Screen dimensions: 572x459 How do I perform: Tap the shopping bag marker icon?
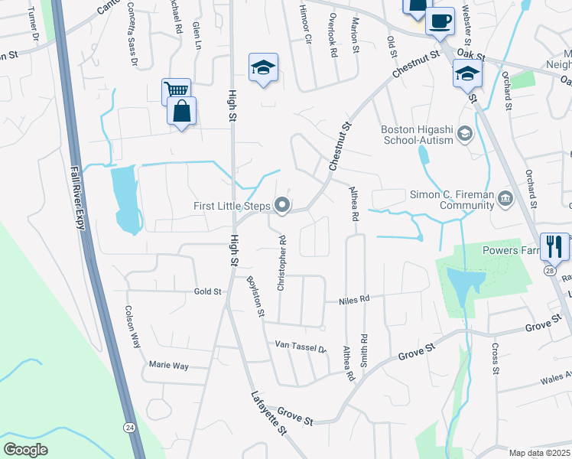pyautogui.click(x=182, y=112)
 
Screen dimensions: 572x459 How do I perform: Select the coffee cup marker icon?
pyautogui.click(x=440, y=21)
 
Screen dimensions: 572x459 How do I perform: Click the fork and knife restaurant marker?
pyautogui.click(x=554, y=246)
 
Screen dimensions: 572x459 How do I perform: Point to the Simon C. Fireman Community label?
pyautogui.click(x=453, y=200)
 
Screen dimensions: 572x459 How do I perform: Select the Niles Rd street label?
pyautogui.click(x=353, y=300)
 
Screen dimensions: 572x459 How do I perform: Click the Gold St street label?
pyautogui.click(x=207, y=291)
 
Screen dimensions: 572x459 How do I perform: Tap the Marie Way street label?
pyautogui.click(x=168, y=366)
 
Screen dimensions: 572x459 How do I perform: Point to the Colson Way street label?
pyautogui.click(x=132, y=327)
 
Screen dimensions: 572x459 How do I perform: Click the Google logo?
pyautogui.click(x=26, y=449)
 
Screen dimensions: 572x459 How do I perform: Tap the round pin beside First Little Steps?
pyautogui.click(x=283, y=205)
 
